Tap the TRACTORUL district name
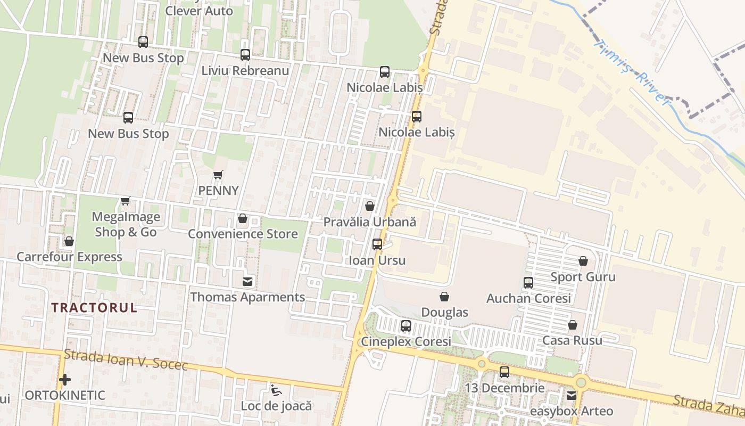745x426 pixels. (x=95, y=307)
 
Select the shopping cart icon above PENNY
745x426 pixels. (x=218, y=175)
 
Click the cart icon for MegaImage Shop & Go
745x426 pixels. (x=126, y=201)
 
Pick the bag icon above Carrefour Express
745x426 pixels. (x=69, y=241)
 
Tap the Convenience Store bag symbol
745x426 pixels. (x=243, y=218)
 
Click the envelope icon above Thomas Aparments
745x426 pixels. (x=247, y=281)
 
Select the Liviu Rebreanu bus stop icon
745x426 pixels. (x=245, y=54)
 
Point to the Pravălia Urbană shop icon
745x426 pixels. (x=370, y=206)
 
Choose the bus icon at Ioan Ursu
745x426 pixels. (x=377, y=244)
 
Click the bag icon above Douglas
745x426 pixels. (x=444, y=297)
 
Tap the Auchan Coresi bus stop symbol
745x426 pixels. (x=528, y=283)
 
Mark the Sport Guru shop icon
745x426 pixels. (x=583, y=261)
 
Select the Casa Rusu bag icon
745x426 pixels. (x=573, y=325)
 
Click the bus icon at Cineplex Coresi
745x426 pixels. (x=406, y=326)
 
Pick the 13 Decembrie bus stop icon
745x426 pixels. (x=504, y=372)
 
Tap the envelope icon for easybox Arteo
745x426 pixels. (x=572, y=396)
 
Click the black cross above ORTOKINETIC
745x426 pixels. (x=65, y=380)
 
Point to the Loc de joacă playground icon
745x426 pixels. (x=276, y=390)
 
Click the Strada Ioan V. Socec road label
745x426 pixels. (x=126, y=359)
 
